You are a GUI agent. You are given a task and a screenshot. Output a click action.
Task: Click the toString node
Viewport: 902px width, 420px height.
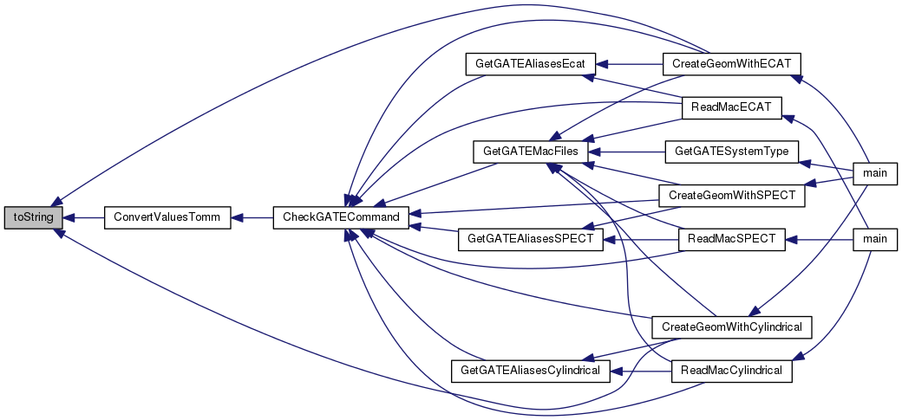click(33, 217)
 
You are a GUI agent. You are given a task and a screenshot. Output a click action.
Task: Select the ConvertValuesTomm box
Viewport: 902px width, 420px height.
click(167, 217)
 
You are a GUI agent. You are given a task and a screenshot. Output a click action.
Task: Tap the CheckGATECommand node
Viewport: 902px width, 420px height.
click(341, 217)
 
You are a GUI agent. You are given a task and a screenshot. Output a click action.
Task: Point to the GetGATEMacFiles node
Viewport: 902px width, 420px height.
click(530, 151)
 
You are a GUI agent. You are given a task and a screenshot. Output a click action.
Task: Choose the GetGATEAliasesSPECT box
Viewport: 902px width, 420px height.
click(530, 236)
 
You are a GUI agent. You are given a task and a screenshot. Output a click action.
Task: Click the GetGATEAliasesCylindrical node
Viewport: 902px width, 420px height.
click(530, 371)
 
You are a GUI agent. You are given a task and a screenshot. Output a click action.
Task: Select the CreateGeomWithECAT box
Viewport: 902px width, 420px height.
click(730, 64)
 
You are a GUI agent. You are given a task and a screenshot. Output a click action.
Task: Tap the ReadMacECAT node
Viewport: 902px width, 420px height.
click(730, 107)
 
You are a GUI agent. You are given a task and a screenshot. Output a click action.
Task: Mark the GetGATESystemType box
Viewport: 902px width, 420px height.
click(730, 151)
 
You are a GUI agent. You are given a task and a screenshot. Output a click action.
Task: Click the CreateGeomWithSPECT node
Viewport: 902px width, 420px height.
click(730, 195)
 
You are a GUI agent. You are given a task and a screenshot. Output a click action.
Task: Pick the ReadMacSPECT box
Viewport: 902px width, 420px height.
click(730, 236)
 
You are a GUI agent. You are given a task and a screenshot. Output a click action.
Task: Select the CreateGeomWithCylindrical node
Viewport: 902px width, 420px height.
click(730, 327)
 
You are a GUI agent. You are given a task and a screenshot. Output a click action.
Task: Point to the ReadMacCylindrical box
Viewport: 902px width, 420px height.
click(730, 371)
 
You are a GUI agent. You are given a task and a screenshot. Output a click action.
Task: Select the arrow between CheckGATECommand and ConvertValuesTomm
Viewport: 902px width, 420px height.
click(252, 217)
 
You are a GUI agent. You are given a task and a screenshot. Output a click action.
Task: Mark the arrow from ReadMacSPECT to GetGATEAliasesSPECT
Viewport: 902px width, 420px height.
click(640, 236)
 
